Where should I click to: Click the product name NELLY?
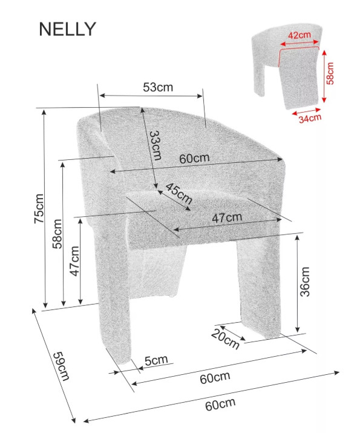click(67, 28)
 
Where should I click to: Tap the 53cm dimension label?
click(158, 87)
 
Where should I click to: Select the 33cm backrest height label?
click(155, 145)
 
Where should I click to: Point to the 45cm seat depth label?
click(178, 194)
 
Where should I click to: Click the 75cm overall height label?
click(39, 208)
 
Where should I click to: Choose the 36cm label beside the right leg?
click(305, 282)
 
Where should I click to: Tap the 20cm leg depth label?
click(225, 339)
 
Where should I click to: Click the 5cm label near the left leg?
click(156, 360)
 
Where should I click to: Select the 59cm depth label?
click(61, 366)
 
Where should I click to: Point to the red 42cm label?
click(299, 35)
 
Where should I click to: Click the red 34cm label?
click(310, 118)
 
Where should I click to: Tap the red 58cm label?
click(330, 73)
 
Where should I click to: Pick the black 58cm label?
click(57, 234)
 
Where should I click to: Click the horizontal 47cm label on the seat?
click(227, 217)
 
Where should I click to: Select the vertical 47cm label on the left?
click(74, 261)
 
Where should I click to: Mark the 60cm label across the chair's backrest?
click(194, 159)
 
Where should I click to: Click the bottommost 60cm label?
click(220, 405)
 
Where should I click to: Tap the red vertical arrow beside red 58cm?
click(324, 76)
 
